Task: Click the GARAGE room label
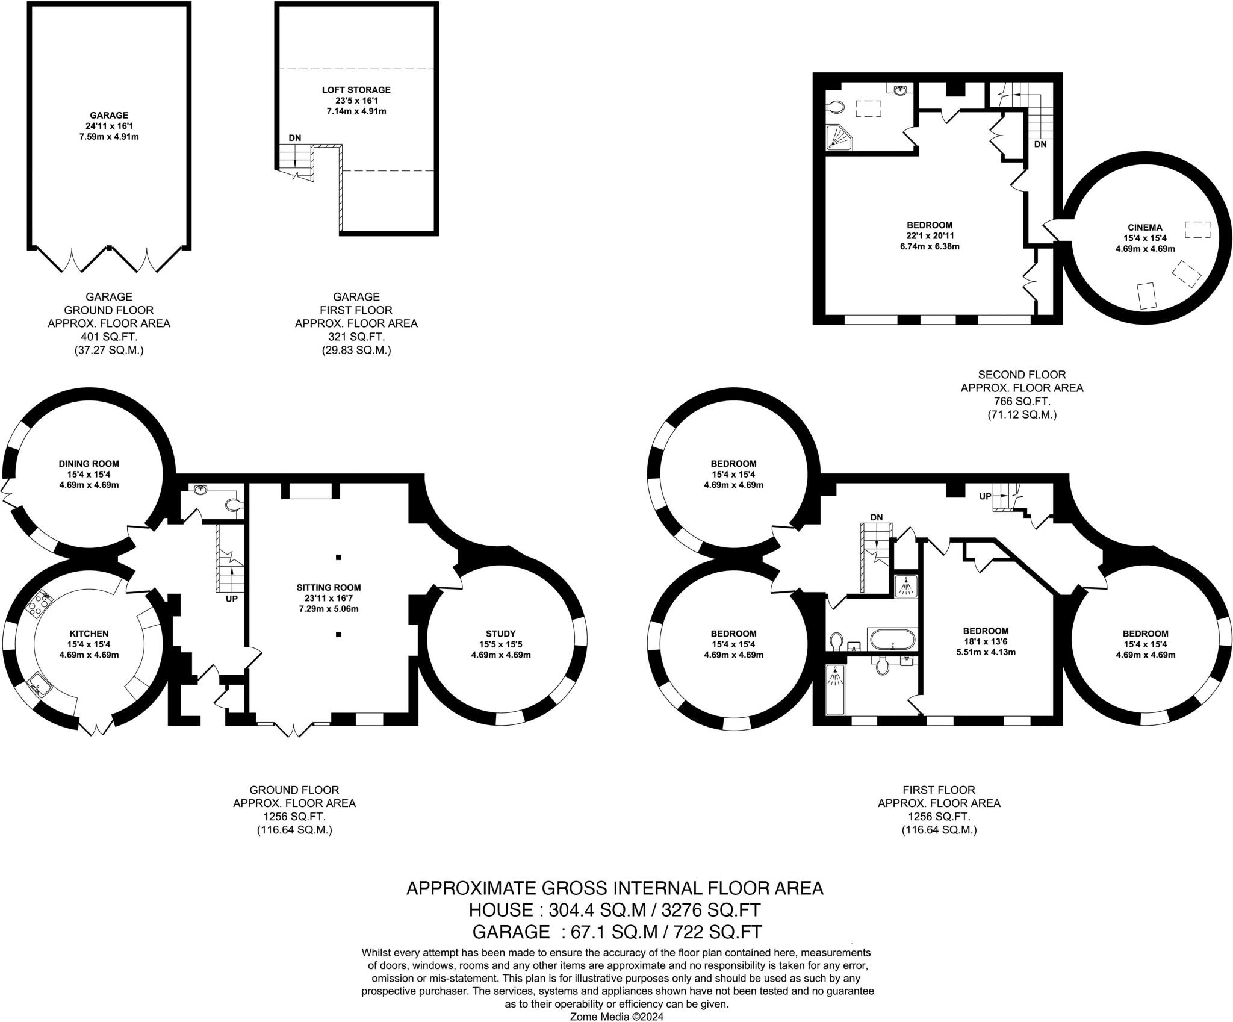(109, 115)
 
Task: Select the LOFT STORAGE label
(356, 90)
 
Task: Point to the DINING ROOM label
(89, 464)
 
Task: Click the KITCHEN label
(89, 634)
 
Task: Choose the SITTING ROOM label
(329, 587)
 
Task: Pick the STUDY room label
(501, 634)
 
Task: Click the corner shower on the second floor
(839, 138)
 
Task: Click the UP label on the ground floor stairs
(232, 599)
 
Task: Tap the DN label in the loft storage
(294, 137)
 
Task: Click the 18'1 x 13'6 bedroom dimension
(985, 641)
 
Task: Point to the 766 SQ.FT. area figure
(1022, 401)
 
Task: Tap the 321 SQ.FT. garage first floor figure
(356, 337)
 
